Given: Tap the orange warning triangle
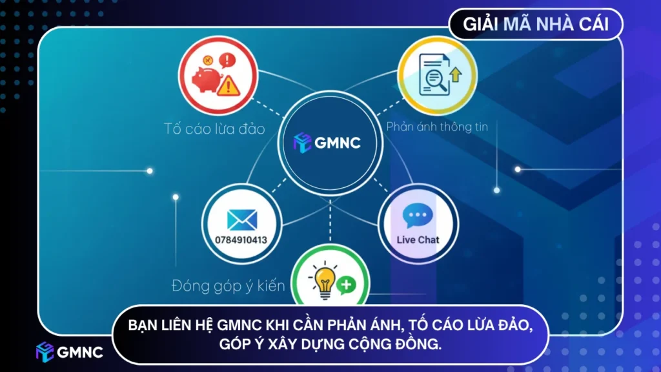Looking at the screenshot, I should point(227,86).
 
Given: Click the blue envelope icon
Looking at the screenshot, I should point(242,220).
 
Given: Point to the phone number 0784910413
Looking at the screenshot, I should point(241,240).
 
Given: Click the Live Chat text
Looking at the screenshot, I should point(418,240).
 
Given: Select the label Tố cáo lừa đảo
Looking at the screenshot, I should point(214,129).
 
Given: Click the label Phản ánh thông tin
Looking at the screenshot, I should point(436,127).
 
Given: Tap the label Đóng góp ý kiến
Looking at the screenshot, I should point(229,285).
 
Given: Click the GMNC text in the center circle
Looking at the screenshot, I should point(338,143).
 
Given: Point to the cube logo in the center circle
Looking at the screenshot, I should point(302,143).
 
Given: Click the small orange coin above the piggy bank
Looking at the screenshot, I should point(208,60).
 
